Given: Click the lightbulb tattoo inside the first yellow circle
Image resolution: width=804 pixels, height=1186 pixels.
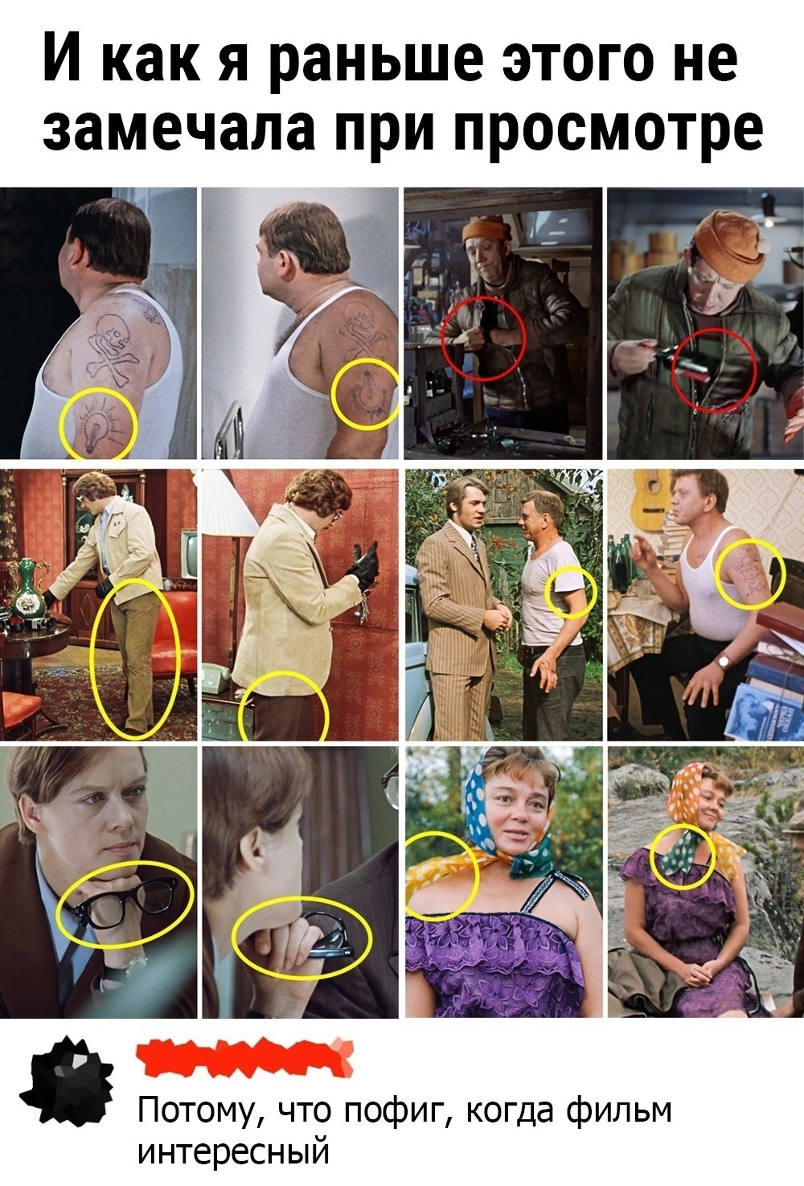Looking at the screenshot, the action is tap(95, 430).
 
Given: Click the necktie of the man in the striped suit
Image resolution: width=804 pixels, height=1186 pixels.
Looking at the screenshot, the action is tap(475, 547).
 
